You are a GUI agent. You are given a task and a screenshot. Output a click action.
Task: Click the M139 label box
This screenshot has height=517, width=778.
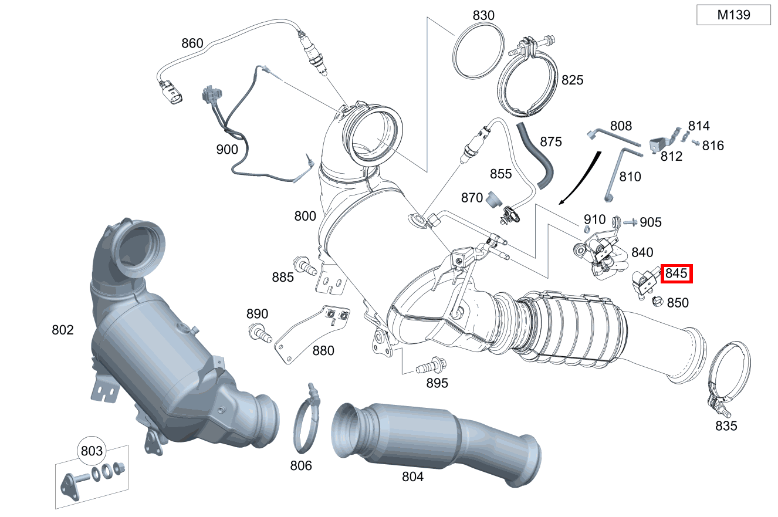click(733, 15)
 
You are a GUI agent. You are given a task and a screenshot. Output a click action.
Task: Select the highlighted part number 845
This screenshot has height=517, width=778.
click(676, 273)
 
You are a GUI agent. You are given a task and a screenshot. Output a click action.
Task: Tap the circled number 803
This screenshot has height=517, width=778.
click(92, 451)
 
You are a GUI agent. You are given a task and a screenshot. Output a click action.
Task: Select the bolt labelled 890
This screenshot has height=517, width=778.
click(260, 333)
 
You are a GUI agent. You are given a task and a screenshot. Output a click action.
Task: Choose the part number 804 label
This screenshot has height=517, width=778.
click(412, 477)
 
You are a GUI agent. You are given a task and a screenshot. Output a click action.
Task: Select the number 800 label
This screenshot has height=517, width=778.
click(305, 216)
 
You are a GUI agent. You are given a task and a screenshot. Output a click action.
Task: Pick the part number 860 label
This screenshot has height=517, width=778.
click(192, 43)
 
